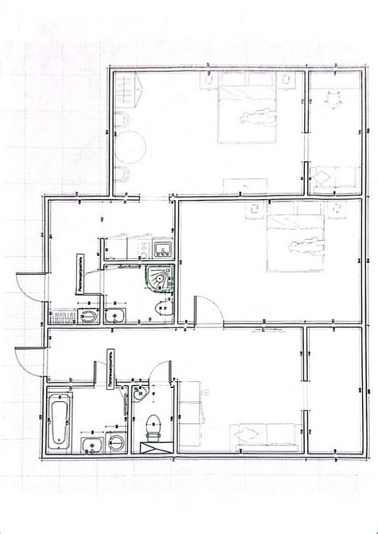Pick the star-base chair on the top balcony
(x=332, y=100)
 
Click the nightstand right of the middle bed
(x=340, y=209)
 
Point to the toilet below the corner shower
(x=162, y=313)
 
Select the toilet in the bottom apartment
(x=154, y=426)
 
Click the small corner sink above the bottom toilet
(x=140, y=391)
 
